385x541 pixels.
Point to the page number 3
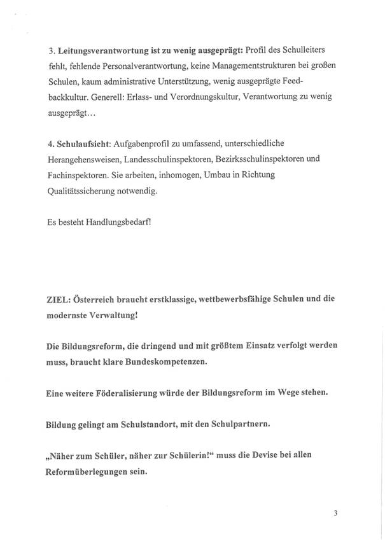[335, 512]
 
